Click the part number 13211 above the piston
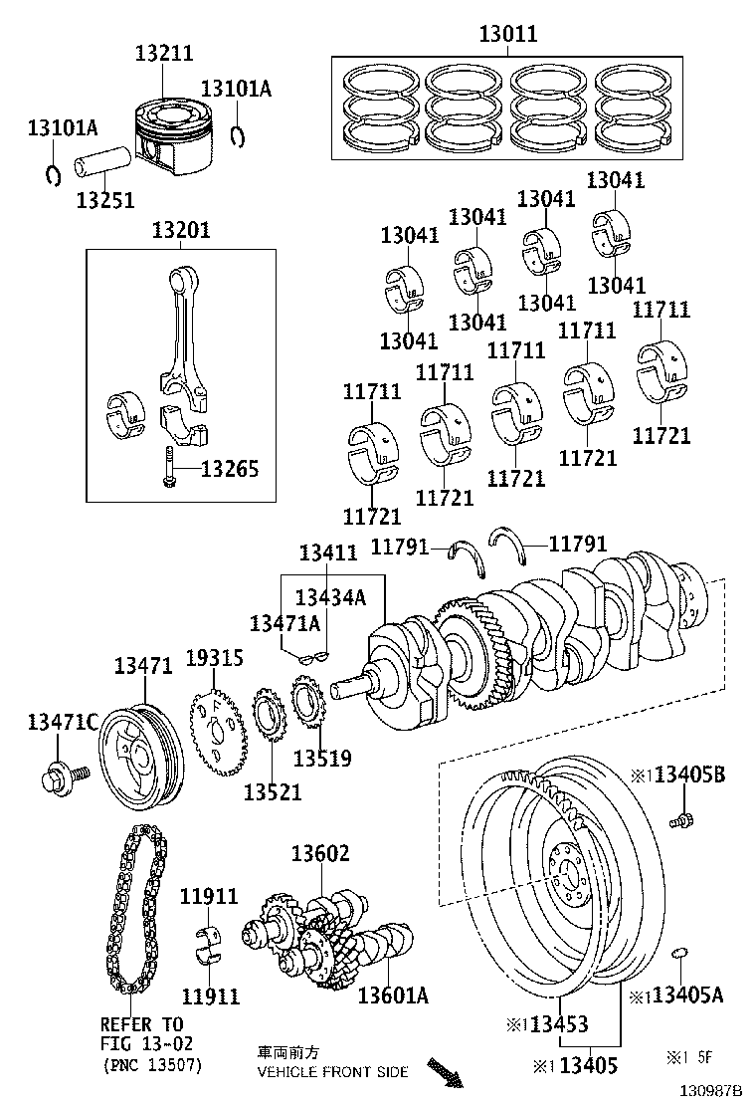tap(164, 54)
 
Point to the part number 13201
tap(181, 230)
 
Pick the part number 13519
tap(322, 759)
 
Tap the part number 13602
tap(320, 853)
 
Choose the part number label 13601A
tap(393, 995)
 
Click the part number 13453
tap(559, 1024)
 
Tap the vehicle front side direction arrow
tap(445, 1073)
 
